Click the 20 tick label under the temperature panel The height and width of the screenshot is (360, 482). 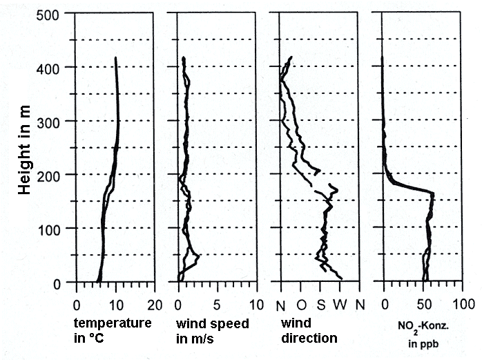[155, 304]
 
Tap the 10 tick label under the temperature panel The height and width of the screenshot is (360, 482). [115, 304]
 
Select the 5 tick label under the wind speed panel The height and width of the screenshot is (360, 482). [218, 304]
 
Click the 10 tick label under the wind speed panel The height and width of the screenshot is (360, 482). [256, 304]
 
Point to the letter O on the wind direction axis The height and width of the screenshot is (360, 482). [301, 304]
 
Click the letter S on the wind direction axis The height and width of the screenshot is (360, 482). [320, 304]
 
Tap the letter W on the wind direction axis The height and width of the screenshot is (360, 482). [340, 304]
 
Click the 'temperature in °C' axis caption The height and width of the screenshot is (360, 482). [112, 330]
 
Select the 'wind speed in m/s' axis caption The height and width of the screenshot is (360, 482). [213, 330]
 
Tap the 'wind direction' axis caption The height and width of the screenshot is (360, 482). [310, 330]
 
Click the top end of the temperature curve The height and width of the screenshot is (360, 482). [115, 58]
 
